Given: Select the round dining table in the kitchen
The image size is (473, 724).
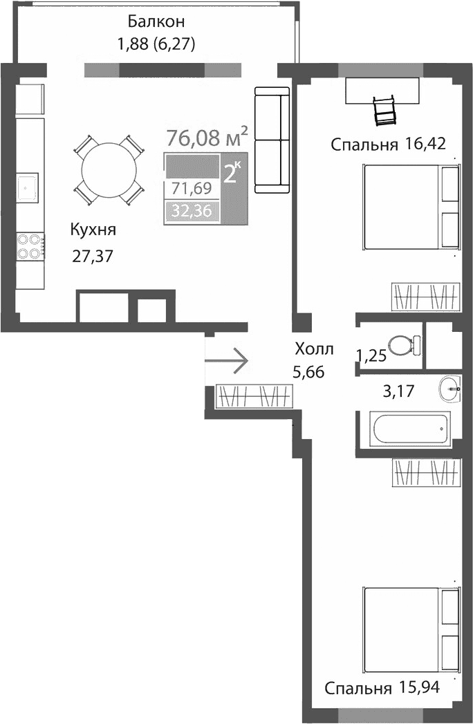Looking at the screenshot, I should click(109, 170).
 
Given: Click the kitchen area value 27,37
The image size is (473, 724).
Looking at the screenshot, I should click(92, 256).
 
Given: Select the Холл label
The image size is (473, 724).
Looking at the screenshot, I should click(313, 348).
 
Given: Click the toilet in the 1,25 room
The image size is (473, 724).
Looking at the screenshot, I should click(403, 344).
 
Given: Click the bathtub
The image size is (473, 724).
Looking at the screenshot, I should click(411, 429).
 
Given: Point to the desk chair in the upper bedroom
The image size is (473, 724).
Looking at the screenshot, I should click(383, 111).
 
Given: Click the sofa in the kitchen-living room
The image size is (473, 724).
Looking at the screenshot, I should click(272, 139).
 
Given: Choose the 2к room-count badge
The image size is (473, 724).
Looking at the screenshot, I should click(232, 171).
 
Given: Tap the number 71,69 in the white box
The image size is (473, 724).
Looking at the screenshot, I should click(192, 188).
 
